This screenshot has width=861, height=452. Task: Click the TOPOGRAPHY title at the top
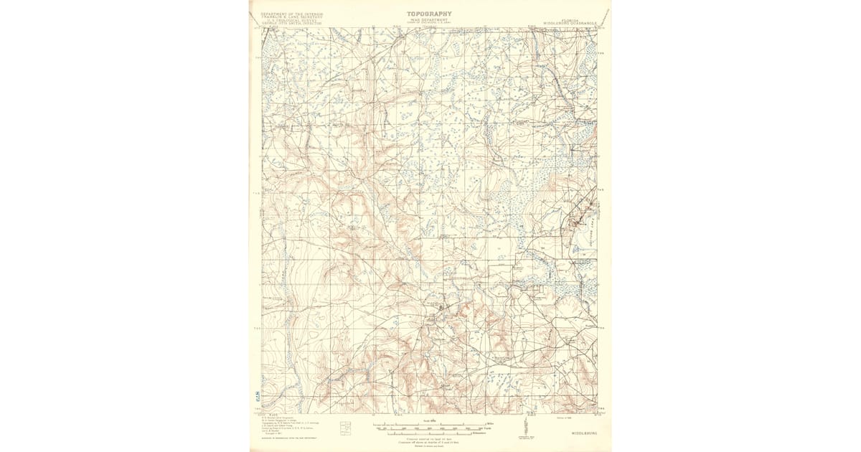pyautogui.click(x=429, y=14)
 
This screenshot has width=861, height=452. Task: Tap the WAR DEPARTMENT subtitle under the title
pyautogui.click(x=429, y=20)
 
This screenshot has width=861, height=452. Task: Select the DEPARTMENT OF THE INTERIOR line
pyautogui.click(x=291, y=14)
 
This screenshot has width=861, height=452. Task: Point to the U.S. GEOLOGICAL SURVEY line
pyautogui.click(x=291, y=21)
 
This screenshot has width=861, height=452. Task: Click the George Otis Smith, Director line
pyautogui.click(x=291, y=24)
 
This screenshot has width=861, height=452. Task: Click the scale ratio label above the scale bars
pyautogui.click(x=429, y=420)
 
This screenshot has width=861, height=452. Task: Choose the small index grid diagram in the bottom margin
pyautogui.click(x=346, y=428)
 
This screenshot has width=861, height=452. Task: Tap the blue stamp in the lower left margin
pyautogui.click(x=256, y=396)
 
